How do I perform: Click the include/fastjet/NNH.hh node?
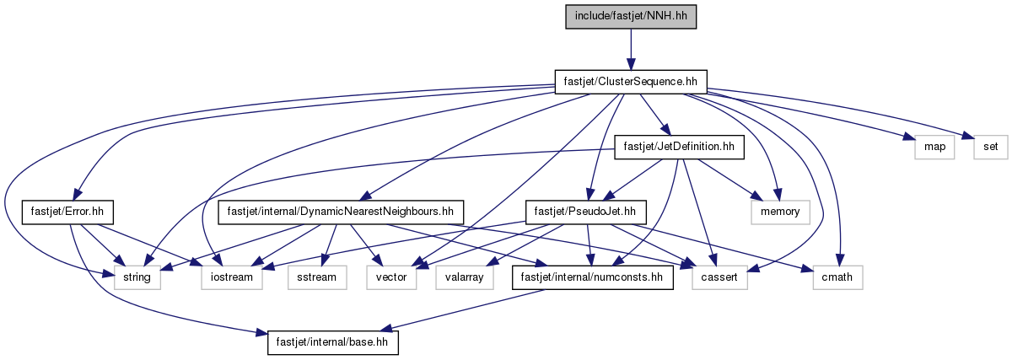pyautogui.click(x=631, y=17)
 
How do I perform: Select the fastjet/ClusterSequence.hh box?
pyautogui.click(x=631, y=82)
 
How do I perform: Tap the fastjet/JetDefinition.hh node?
pyautogui.click(x=679, y=147)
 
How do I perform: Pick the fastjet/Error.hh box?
pyautogui.click(x=67, y=212)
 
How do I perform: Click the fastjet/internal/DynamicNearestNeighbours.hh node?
pyautogui.click(x=341, y=212)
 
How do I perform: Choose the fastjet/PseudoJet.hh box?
pyautogui.click(x=585, y=212)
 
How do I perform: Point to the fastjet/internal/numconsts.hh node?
pyautogui.click(x=592, y=277)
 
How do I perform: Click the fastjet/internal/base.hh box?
pyautogui.click(x=333, y=342)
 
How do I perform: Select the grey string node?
pyautogui.click(x=137, y=277)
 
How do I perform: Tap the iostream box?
pyautogui.click(x=232, y=277)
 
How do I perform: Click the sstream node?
pyautogui.click(x=317, y=277)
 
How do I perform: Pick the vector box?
pyautogui.click(x=391, y=277)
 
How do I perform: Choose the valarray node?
pyautogui.click(x=465, y=277)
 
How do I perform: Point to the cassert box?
pyautogui.click(x=719, y=277)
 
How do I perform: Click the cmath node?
pyautogui.click(x=837, y=277)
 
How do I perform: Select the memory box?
pyautogui.click(x=780, y=212)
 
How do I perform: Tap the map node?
pyautogui.click(x=934, y=147)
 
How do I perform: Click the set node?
pyautogui.click(x=991, y=147)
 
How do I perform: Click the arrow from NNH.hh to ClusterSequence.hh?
pyautogui.click(x=631, y=50)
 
